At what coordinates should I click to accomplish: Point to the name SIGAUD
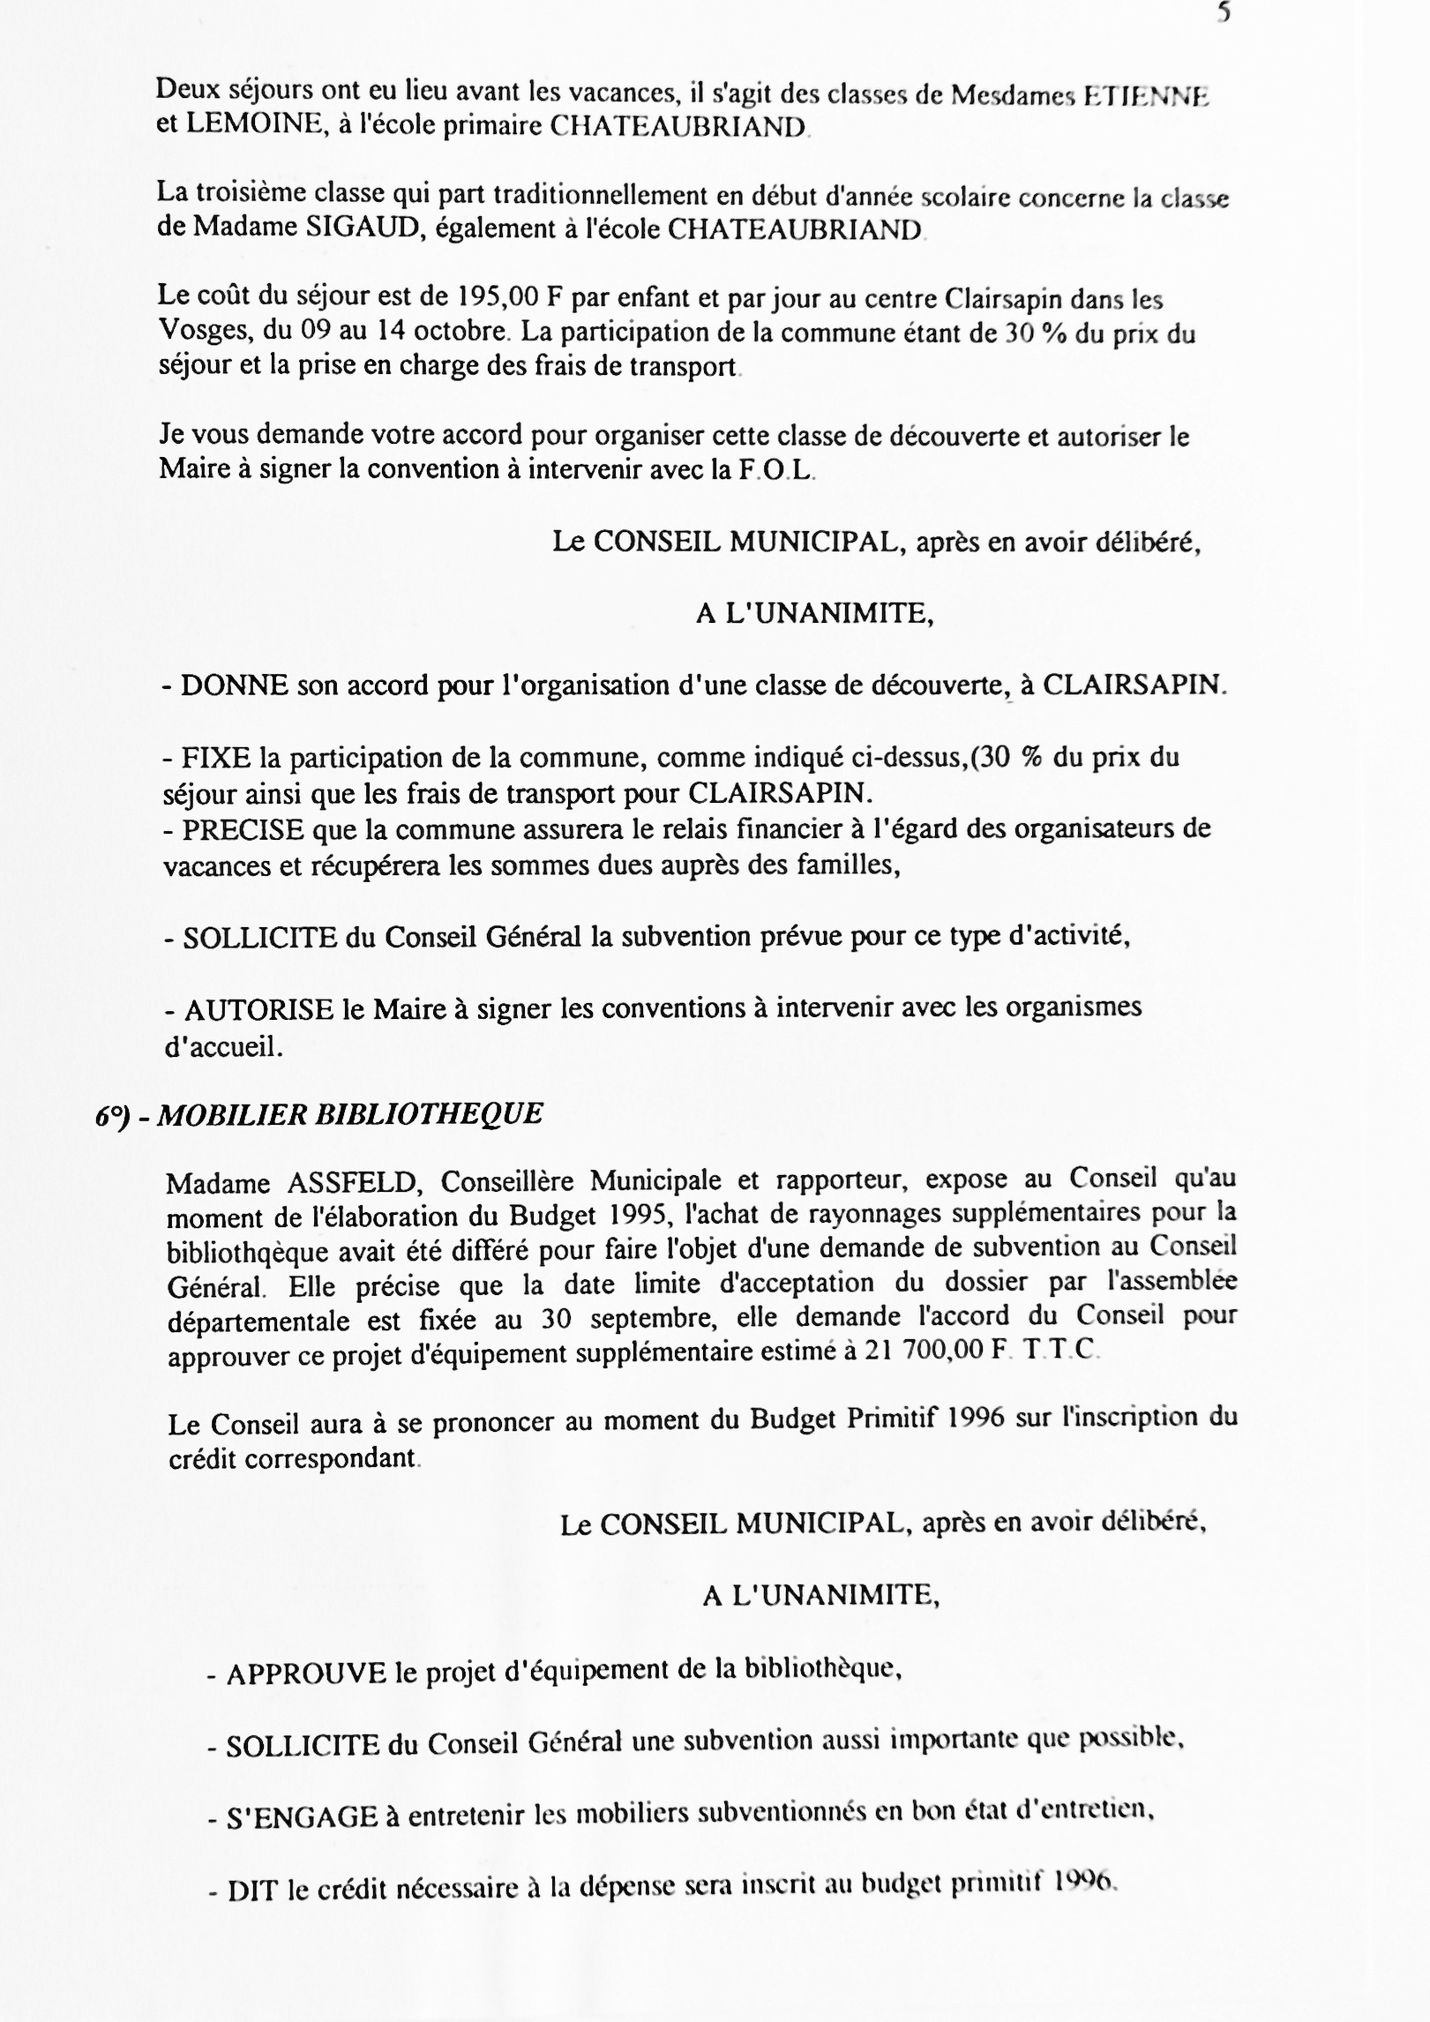(346, 228)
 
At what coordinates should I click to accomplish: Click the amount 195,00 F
(498, 297)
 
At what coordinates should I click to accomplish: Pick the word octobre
(457, 333)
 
